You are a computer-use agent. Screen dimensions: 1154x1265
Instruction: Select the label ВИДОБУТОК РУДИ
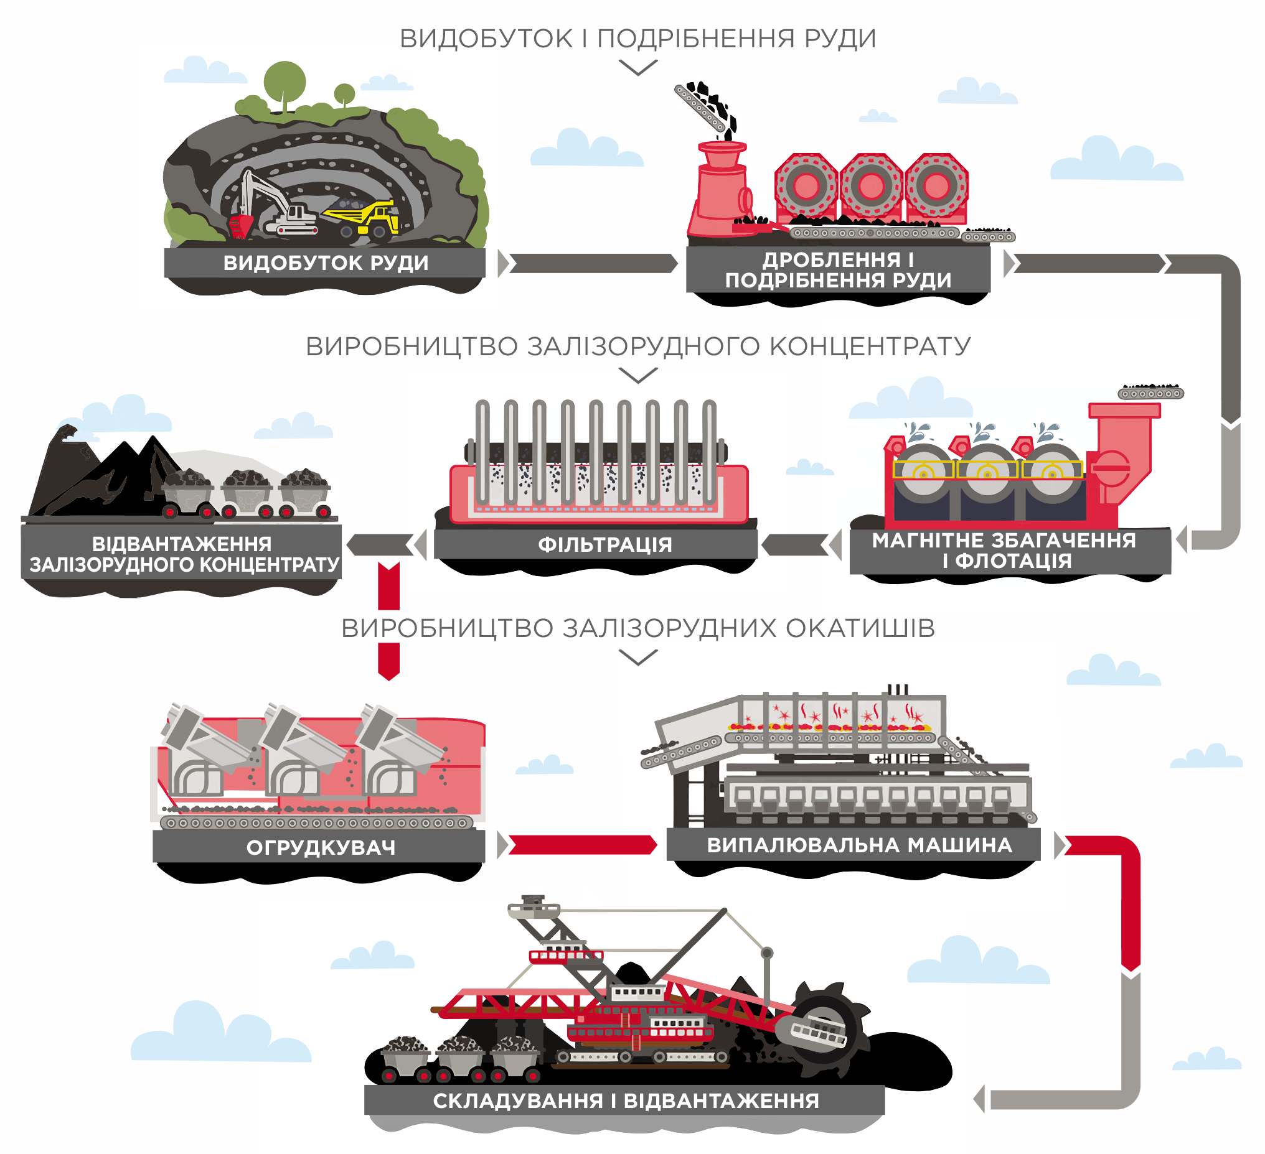326,263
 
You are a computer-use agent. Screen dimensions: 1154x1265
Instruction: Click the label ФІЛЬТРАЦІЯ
605,544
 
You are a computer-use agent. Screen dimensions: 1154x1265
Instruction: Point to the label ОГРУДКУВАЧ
321,847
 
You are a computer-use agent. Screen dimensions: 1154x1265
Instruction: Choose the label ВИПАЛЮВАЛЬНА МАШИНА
859,845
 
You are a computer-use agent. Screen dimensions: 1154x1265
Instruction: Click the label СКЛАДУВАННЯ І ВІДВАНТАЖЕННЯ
626,1100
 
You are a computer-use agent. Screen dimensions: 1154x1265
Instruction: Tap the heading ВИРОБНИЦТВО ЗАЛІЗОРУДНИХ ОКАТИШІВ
637,628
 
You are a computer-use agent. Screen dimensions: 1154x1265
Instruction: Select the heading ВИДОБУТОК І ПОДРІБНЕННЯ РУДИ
637,38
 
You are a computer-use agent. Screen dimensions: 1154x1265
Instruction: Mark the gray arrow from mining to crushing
593,263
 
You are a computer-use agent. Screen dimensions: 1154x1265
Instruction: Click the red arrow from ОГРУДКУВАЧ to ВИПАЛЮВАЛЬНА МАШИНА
582,845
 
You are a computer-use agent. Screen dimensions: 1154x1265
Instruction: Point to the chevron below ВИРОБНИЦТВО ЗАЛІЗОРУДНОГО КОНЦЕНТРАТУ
637,375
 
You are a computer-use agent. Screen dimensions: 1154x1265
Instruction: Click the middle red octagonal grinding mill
871,185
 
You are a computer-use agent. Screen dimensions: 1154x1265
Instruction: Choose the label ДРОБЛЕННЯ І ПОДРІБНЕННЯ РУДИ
838,270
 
